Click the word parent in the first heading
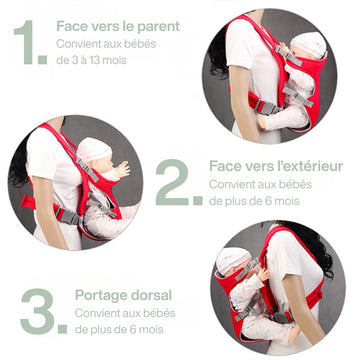coord(158,27)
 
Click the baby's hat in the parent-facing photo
coord(308,44)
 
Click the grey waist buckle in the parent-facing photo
coord(267,108)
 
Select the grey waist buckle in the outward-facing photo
coord(68,216)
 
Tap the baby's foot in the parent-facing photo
coord(262,123)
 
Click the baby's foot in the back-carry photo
coord(294,334)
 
